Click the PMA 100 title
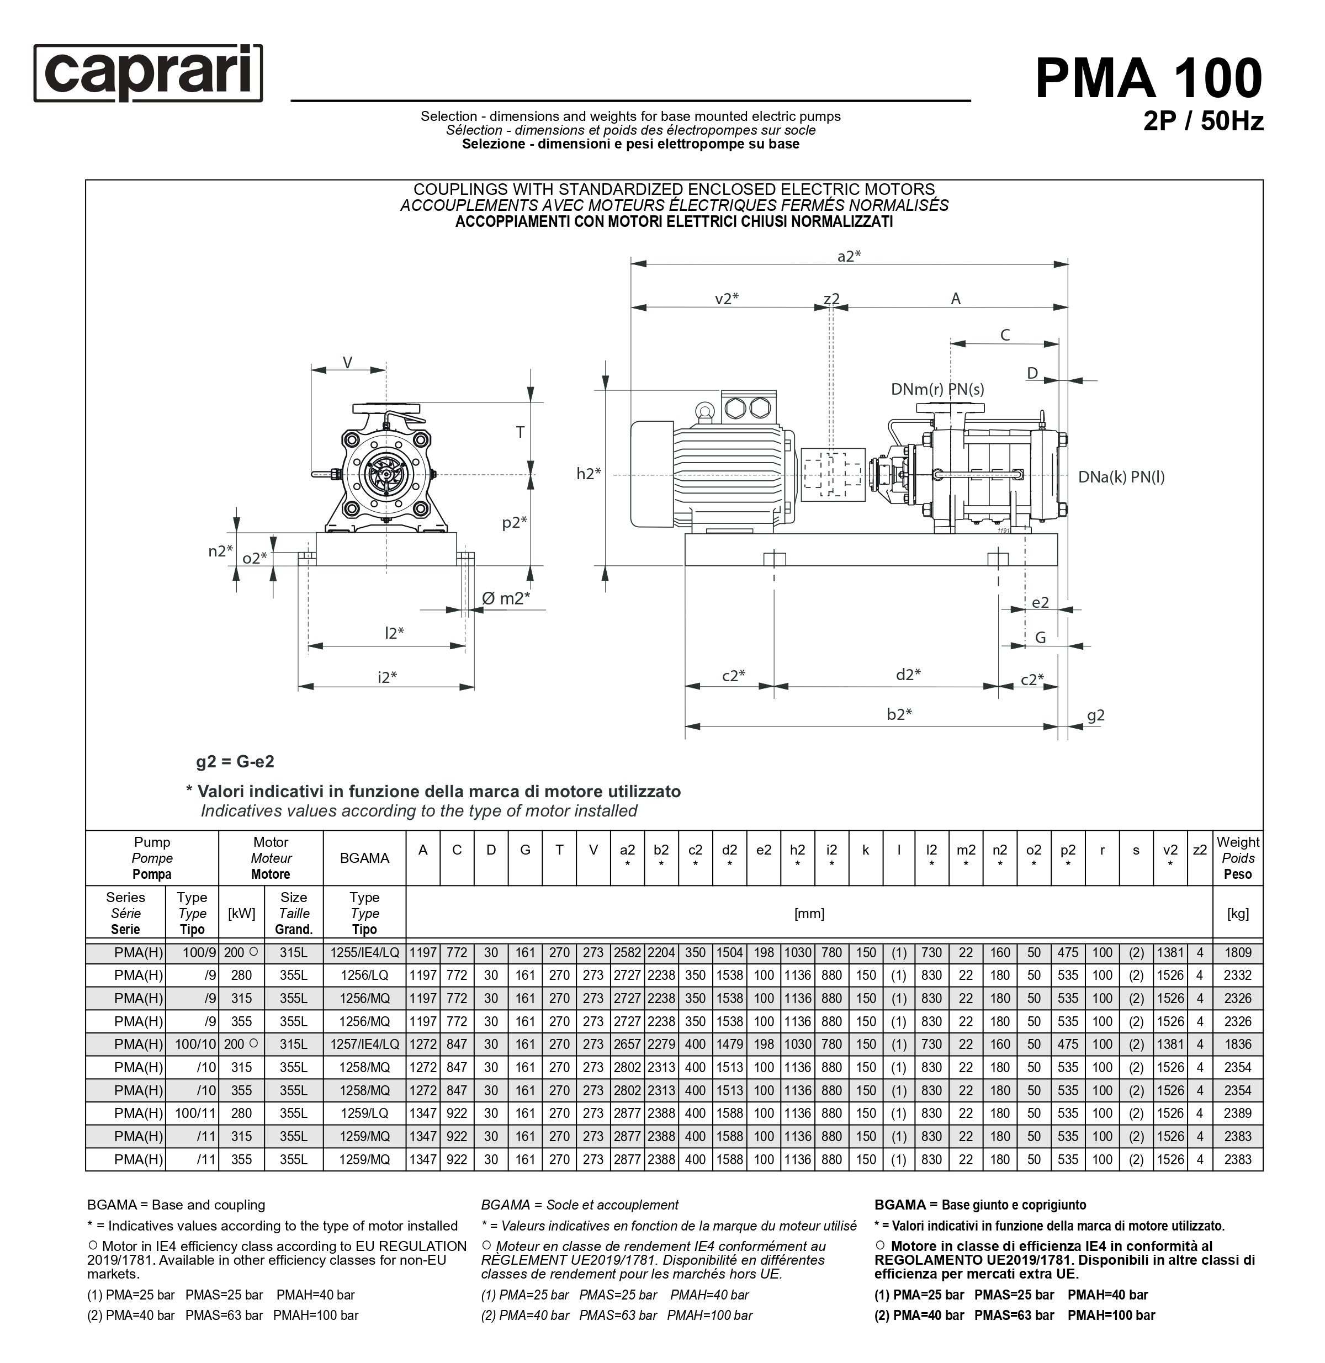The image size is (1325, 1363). click(x=1148, y=78)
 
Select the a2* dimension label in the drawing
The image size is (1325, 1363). click(x=849, y=256)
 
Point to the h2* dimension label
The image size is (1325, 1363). click(x=588, y=474)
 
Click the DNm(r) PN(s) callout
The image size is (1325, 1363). click(x=937, y=390)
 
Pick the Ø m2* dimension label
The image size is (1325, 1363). click(x=506, y=598)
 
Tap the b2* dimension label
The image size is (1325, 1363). click(x=899, y=714)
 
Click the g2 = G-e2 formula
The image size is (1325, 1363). click(x=235, y=762)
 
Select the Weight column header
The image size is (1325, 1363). click(x=1237, y=858)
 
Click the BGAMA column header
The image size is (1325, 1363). click(x=364, y=858)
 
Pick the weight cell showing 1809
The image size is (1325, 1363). click(x=1237, y=952)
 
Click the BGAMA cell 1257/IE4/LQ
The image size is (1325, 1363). click(x=364, y=1044)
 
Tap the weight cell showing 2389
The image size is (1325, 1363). click(x=1237, y=1113)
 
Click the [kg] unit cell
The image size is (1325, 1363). click(x=1237, y=914)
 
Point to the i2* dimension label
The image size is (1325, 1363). click(x=387, y=677)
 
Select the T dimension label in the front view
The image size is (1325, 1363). click(x=520, y=433)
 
